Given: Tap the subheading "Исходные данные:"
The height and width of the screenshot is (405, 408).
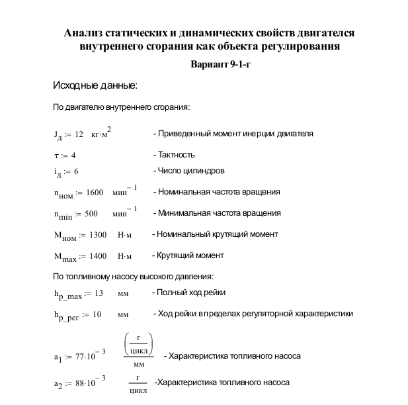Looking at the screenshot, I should (95, 86).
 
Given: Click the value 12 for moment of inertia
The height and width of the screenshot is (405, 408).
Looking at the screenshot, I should (79, 134).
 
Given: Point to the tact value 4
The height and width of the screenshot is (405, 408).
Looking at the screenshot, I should (73, 155).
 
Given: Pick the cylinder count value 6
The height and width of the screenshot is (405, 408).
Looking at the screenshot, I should (76, 171).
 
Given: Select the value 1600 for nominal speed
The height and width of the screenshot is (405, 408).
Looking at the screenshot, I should (95, 193).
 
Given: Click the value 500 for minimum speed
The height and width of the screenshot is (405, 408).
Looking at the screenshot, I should (91, 214).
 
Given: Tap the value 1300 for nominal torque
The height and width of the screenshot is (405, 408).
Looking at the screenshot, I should (97, 235).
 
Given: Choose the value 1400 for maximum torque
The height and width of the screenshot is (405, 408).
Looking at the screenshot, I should (97, 256).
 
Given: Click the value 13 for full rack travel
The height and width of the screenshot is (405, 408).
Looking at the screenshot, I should (99, 293).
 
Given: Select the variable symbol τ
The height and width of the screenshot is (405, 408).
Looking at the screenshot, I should (57, 156).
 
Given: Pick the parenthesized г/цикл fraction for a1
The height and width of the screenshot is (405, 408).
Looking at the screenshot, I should (139, 345).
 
